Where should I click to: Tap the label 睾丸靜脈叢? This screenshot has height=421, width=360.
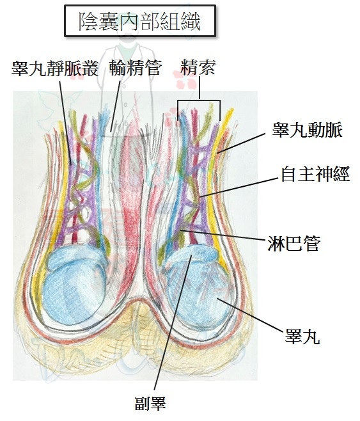pos(55,68)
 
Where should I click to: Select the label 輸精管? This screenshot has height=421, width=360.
pos(136,68)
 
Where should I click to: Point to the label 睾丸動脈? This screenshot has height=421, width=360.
pos(308,131)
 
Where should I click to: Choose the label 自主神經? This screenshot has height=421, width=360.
pos(315,174)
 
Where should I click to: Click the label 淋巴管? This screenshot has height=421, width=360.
pos(294,244)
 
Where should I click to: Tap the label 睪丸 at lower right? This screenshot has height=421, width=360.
pos(302,337)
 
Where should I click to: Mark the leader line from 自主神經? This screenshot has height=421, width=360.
pos(239,187)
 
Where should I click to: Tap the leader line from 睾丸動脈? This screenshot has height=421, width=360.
pos(241,143)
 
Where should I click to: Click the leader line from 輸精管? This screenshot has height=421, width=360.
pos(115,106)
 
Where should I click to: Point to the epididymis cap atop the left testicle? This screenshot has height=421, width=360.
pos(77,258)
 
